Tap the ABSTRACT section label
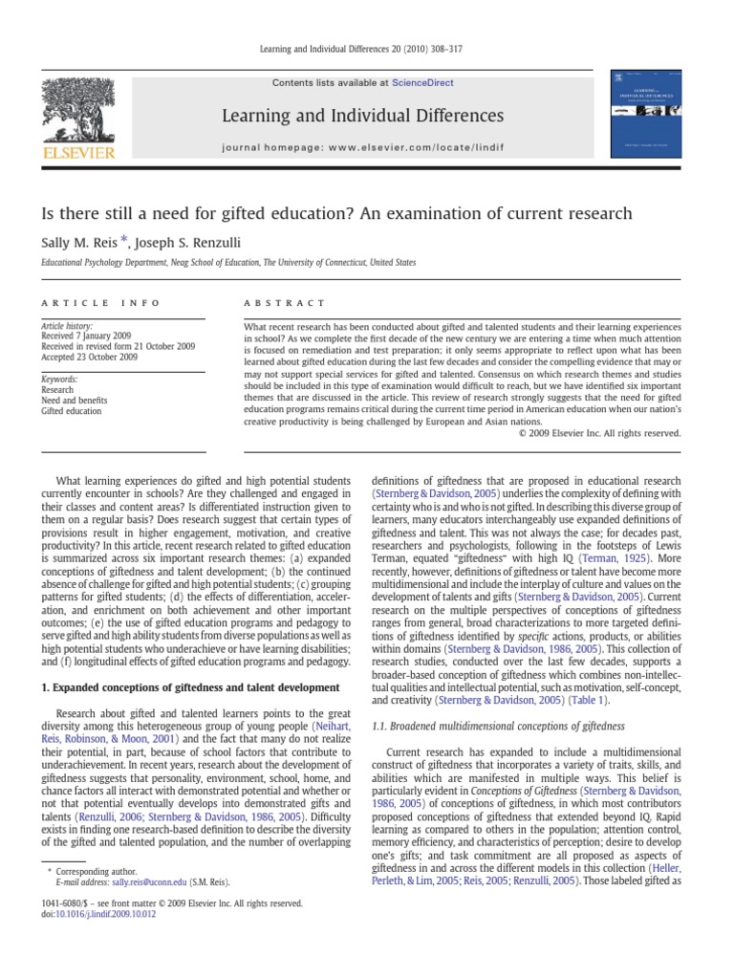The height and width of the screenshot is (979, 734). (x=285, y=302)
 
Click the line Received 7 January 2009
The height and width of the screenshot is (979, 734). (x=86, y=337)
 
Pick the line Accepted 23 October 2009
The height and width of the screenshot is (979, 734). (x=88, y=358)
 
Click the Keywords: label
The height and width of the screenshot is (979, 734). (x=59, y=380)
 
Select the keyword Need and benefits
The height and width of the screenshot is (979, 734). (x=75, y=401)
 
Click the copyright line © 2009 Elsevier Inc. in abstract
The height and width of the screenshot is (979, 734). (x=599, y=432)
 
